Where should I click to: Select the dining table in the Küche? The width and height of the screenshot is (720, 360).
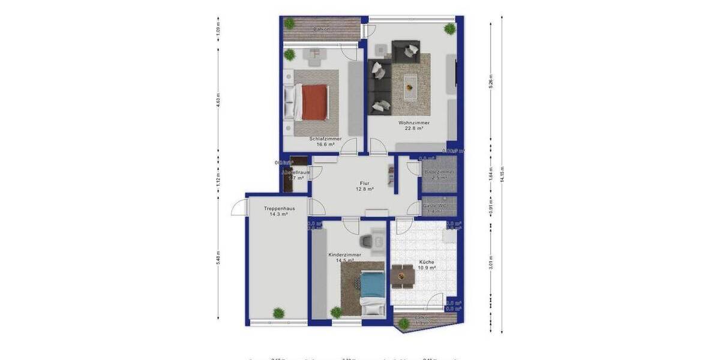[401, 276]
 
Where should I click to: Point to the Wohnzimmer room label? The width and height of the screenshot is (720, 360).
[413, 122]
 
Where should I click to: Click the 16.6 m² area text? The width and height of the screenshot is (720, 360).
[325, 145]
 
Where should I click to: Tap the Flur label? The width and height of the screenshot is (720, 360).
[364, 183]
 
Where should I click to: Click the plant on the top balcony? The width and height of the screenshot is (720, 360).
[290, 23]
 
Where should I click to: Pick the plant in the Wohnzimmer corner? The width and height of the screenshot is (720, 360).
[449, 28]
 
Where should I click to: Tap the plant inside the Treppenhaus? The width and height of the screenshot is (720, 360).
[278, 313]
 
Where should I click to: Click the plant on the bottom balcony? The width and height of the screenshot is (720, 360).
[404, 323]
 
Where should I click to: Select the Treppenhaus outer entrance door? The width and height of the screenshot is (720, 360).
[239, 208]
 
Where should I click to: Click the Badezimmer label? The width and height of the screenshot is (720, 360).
[439, 172]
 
